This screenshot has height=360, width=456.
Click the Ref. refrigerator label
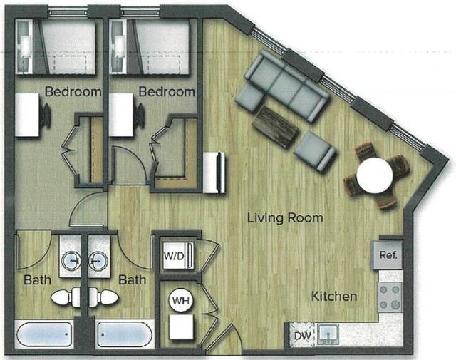click(x=388, y=254)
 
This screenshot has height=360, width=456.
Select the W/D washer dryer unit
click(x=174, y=255)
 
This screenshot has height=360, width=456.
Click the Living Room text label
click(x=285, y=217)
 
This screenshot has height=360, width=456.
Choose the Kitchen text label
click(x=333, y=295)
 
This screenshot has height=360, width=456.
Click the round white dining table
click(x=375, y=175)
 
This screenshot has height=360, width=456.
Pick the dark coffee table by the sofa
click(x=274, y=126)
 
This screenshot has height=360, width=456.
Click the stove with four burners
click(x=390, y=295)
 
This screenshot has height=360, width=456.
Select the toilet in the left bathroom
click(x=67, y=297)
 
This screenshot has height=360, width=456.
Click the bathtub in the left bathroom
click(x=43, y=335)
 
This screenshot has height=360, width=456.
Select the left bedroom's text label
click(x=73, y=92)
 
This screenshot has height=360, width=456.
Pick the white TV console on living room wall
click(x=214, y=172)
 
